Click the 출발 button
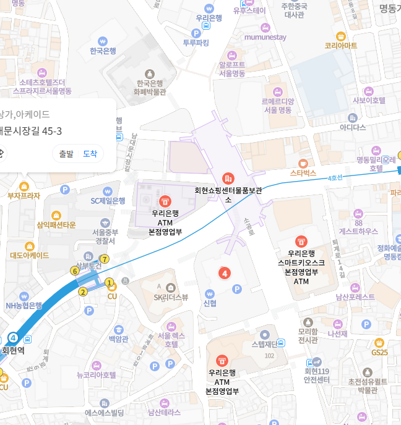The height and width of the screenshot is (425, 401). point(66,154)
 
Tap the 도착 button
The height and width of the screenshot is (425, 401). point(90,154)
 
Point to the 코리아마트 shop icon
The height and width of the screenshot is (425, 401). point(340,36)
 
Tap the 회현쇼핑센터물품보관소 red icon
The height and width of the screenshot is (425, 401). point(228,179)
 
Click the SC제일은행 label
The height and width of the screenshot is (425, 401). point(108,200)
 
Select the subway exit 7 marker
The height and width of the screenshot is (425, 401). point(105,259)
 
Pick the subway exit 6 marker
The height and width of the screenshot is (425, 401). point(75,271)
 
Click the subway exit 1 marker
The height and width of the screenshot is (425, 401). point(110,283)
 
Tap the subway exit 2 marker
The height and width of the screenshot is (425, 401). point(82,292)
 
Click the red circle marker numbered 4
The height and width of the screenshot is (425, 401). point(225,272)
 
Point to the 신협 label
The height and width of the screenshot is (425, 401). point(210,303)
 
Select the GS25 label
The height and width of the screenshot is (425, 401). point(379,352)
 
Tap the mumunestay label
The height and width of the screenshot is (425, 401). point(265,37)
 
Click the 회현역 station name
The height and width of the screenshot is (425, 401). point(13,350)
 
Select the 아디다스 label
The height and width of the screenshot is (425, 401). point(353,127)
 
